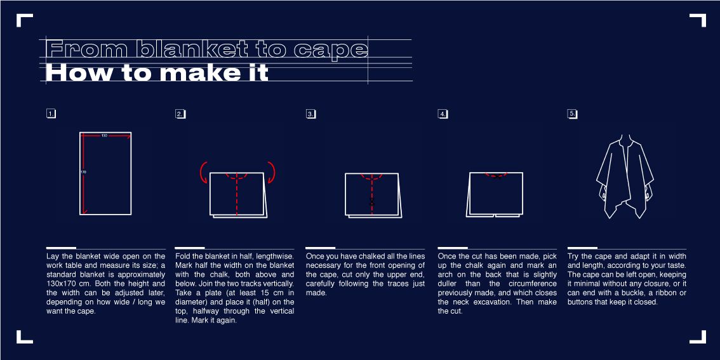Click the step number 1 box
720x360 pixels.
pyautogui.click(x=51, y=114)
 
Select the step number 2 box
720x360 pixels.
pyautogui.click(x=180, y=114)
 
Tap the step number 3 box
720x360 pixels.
pyautogui.click(x=311, y=114)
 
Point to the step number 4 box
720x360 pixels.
pyautogui.click(x=443, y=114)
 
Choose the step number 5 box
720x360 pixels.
pyautogui.click(x=572, y=114)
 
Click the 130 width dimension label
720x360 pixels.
pyautogui.click(x=104, y=136)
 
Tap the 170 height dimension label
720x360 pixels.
pyautogui.click(x=83, y=171)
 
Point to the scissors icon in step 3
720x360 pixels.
pyautogui.click(x=372, y=202)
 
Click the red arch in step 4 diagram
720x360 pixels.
pyautogui.click(x=497, y=175)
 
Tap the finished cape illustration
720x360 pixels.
pyautogui.click(x=625, y=177)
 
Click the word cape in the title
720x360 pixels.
pyautogui.click(x=331, y=50)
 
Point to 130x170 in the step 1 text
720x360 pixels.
pyautogui.click(x=63, y=283)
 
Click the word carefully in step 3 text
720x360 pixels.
pyautogui.click(x=321, y=283)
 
